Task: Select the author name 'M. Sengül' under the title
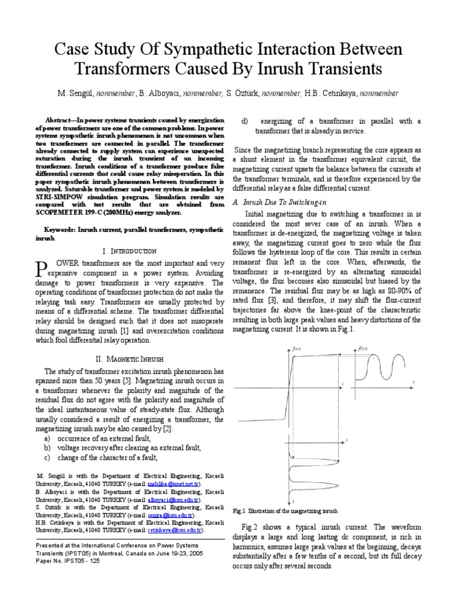(x=77, y=93)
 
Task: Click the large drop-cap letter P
(x=43, y=268)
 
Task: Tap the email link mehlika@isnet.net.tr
(x=173, y=485)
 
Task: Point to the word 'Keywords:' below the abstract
(x=64, y=230)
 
